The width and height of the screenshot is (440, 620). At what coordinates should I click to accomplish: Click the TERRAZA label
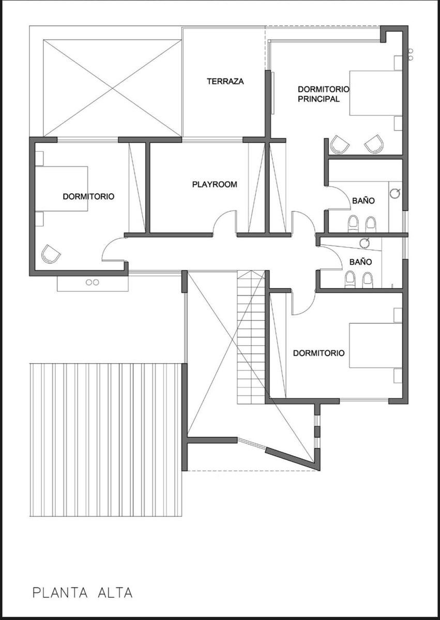pyautogui.click(x=225, y=82)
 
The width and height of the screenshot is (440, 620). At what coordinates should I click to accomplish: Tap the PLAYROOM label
pyautogui.click(x=215, y=184)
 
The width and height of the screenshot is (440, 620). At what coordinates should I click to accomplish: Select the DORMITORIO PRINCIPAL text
pyautogui.click(x=324, y=94)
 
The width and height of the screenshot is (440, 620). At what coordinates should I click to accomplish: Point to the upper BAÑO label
pyautogui.click(x=363, y=200)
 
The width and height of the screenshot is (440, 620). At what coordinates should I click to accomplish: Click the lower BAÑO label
pyautogui.click(x=360, y=262)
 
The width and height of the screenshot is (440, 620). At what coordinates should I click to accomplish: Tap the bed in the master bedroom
pyautogui.click(x=376, y=93)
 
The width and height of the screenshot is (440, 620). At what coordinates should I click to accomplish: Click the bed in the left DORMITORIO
pyautogui.click(x=62, y=189)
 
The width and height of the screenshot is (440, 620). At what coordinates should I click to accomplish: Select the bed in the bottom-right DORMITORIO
pyautogui.click(x=376, y=345)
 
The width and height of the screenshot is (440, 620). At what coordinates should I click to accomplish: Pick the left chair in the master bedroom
pyautogui.click(x=340, y=145)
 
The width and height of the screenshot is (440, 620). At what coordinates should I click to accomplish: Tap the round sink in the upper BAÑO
pyautogui.click(x=395, y=193)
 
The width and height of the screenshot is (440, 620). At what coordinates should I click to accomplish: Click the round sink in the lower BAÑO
pyautogui.click(x=365, y=243)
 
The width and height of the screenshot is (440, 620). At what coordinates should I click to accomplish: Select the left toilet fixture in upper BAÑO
pyautogui.click(x=353, y=224)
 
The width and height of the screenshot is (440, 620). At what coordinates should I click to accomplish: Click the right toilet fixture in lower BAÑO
pyautogui.click(x=368, y=280)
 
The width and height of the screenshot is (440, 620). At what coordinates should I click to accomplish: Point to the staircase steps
pyautogui.click(x=251, y=338)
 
